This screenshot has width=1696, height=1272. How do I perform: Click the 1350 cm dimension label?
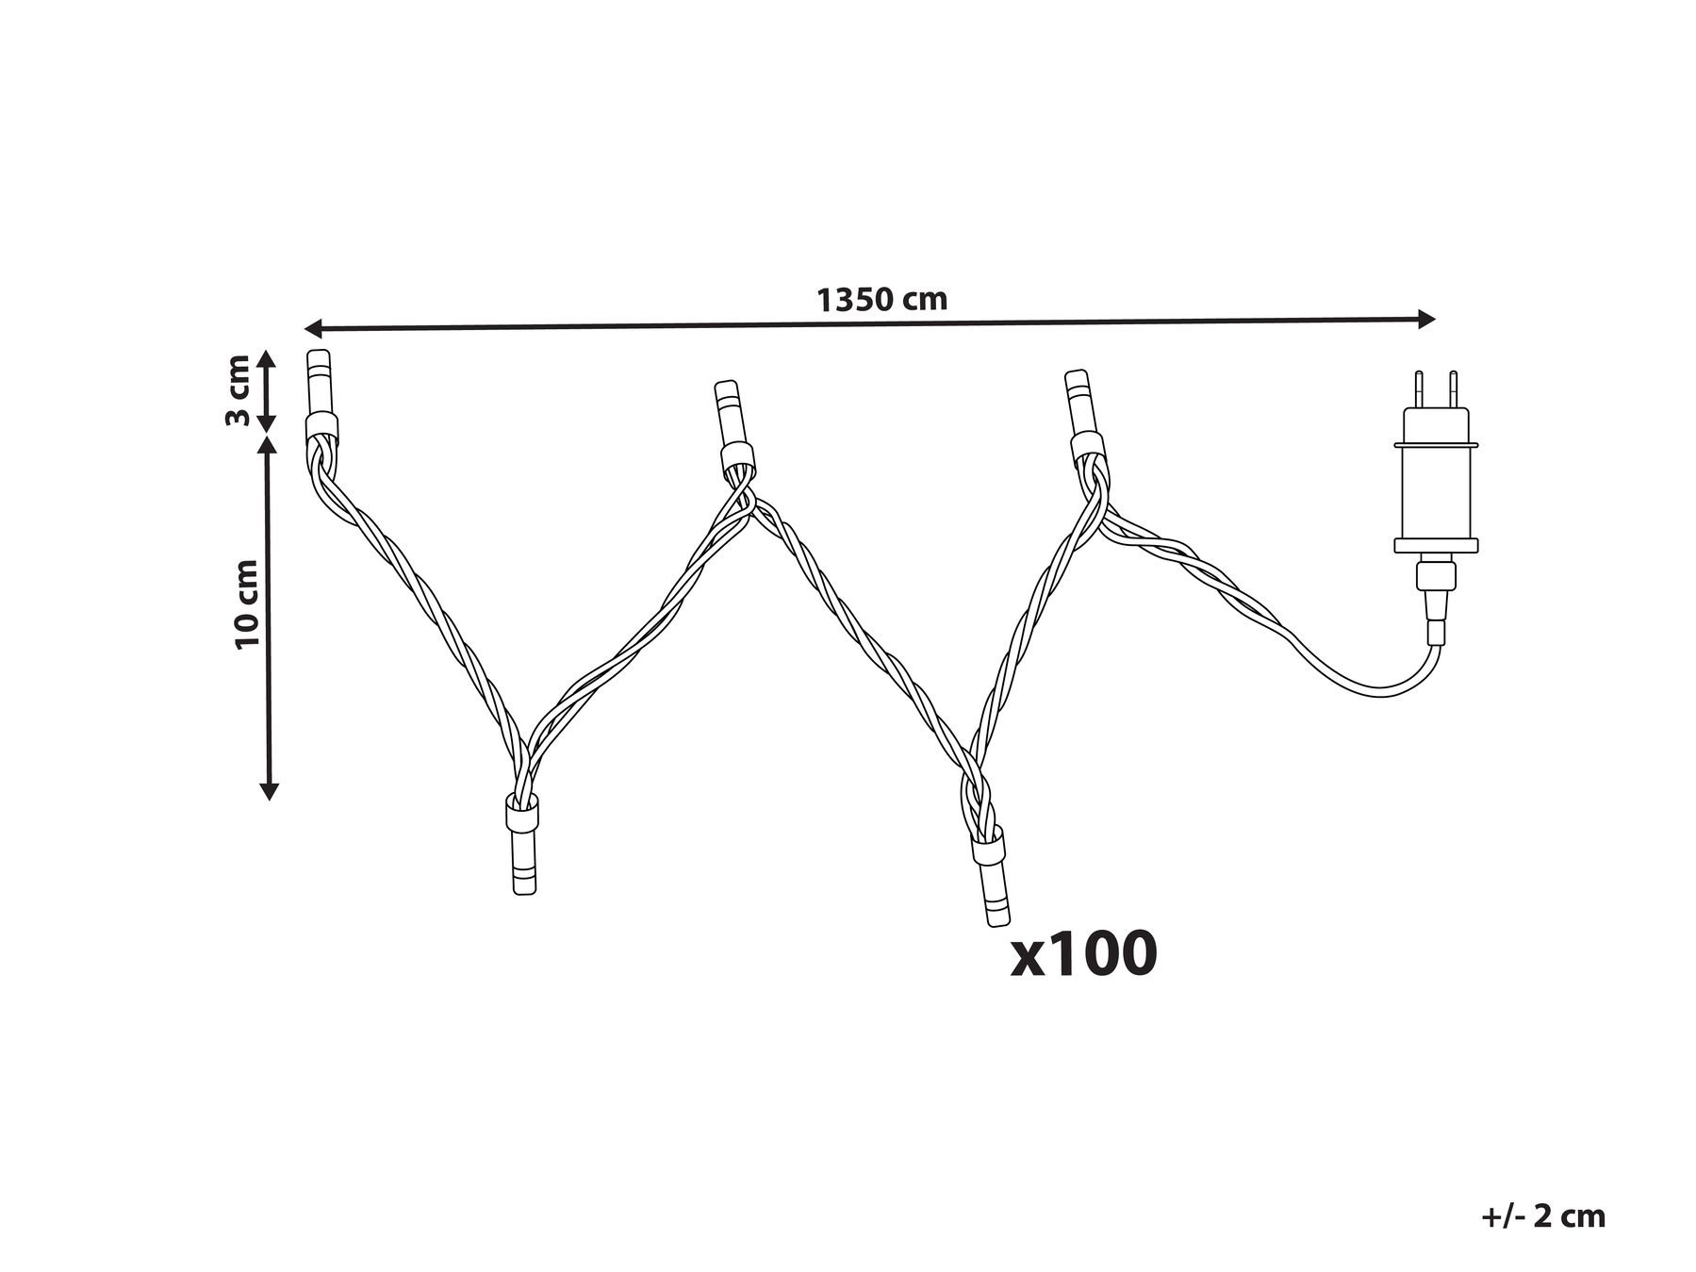[881, 300]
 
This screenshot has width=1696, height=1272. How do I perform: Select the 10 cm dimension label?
[247, 603]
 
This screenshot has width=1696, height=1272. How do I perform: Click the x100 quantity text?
[1083, 953]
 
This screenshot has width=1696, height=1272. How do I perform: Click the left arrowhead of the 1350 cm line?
[314, 328]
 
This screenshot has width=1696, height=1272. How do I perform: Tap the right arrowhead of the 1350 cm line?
[1425, 319]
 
